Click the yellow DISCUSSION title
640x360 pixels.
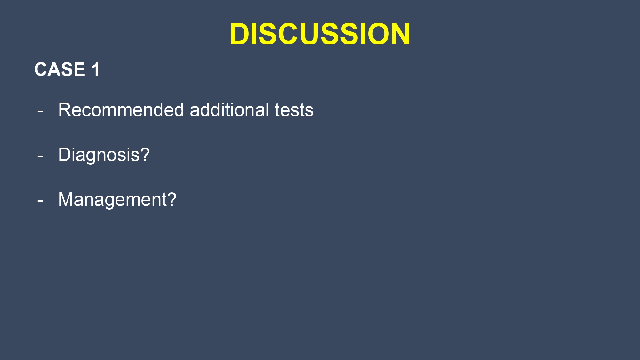[320, 34]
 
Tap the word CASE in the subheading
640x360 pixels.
[60, 69]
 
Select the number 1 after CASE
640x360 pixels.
[96, 69]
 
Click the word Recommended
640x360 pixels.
[121, 110]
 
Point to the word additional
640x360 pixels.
[229, 110]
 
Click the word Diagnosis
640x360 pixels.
[99, 155]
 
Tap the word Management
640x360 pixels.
[112, 200]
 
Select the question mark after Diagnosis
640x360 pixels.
[145, 154]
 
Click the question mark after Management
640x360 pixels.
[172, 199]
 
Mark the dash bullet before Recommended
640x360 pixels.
[40, 112]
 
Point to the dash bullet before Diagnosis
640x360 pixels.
[40, 156]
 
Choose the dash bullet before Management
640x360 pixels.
[40, 201]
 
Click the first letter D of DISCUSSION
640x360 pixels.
[240, 34]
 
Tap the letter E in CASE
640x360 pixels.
[79, 69]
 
